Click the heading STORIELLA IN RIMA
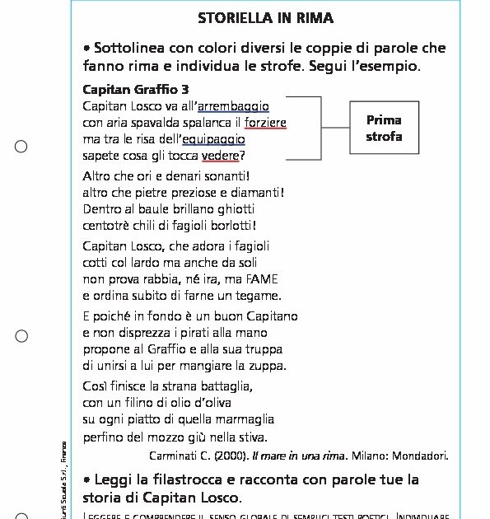pyautogui.click(x=265, y=18)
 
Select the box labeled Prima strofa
pyautogui.click(x=384, y=128)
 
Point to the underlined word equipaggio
pyautogui.click(x=213, y=139)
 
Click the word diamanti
pyautogui.click(x=254, y=193)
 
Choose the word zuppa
pyautogui.click(x=268, y=366)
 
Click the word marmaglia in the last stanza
pyautogui.click(x=244, y=419)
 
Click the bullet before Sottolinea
pyautogui.click(x=86, y=49)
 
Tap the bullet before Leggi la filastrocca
pyautogui.click(x=86, y=480)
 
